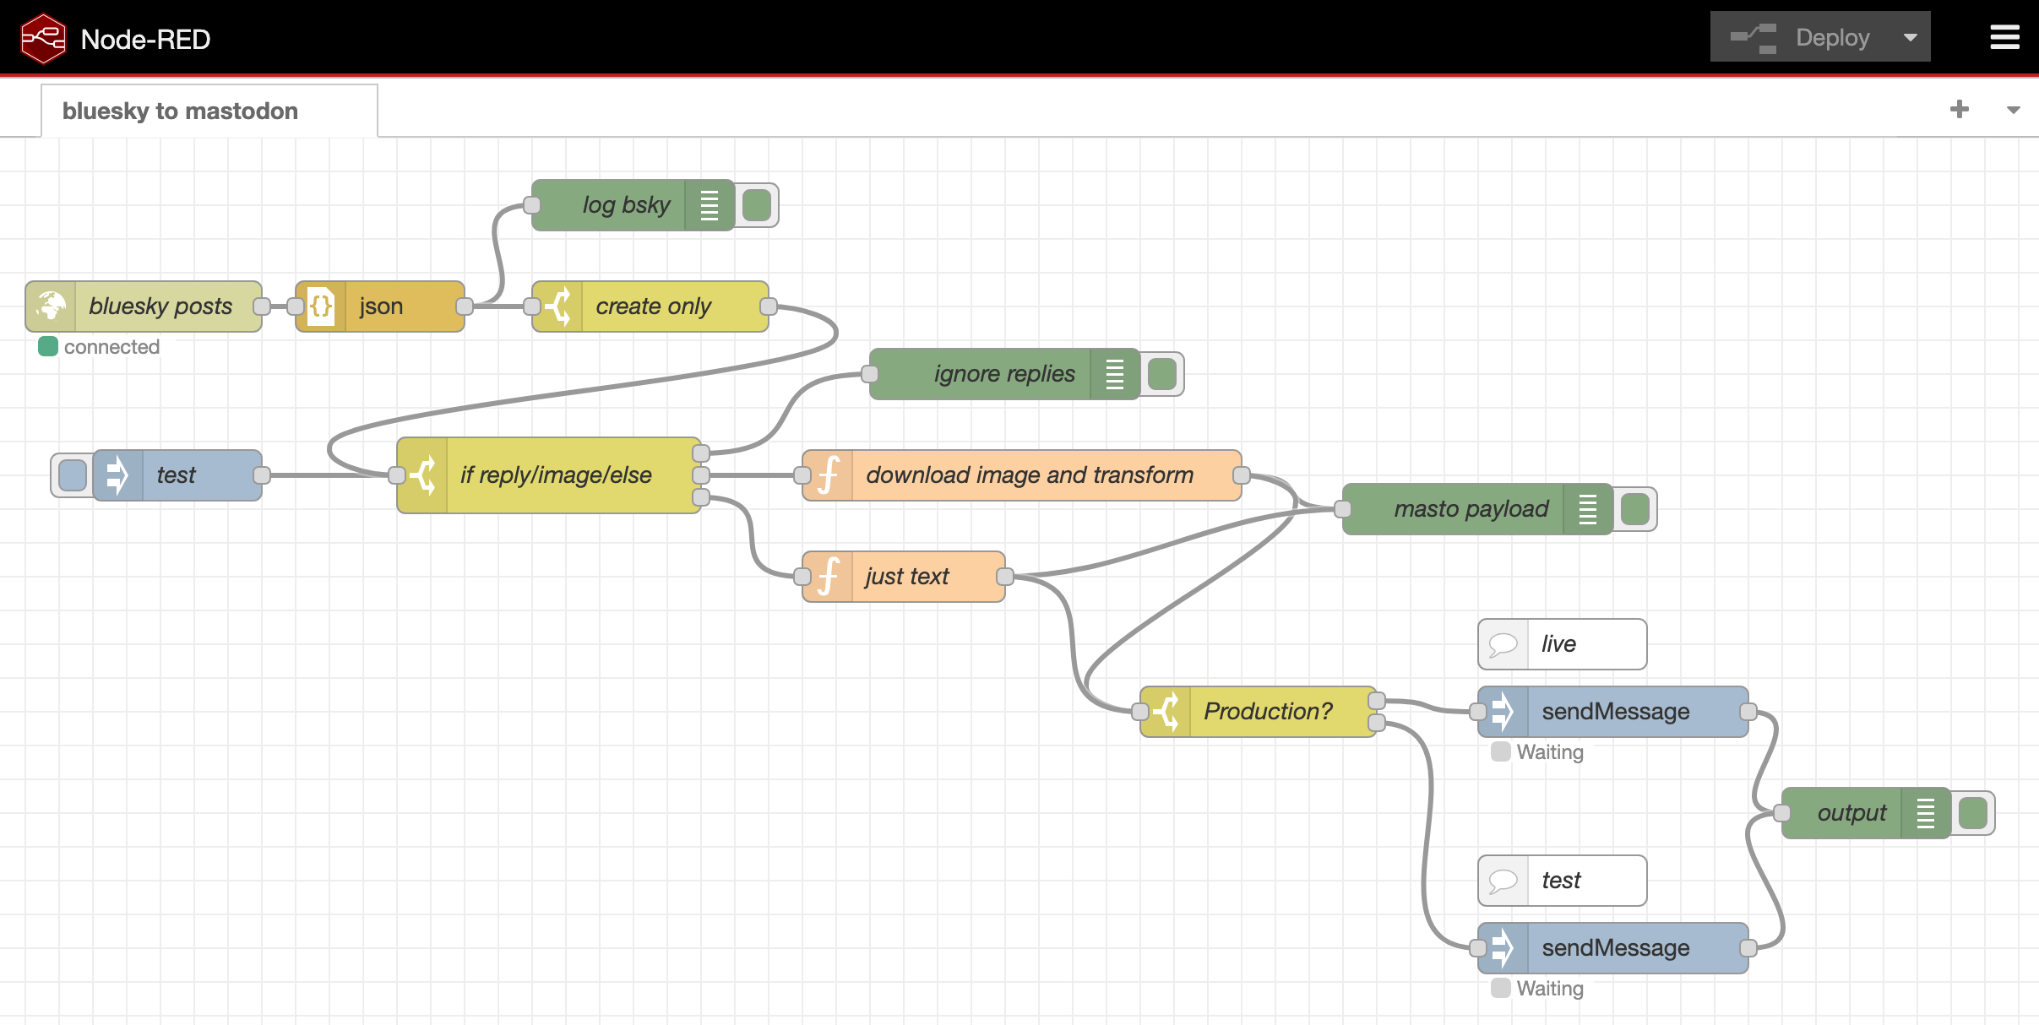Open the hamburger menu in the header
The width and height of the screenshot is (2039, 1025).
click(2004, 37)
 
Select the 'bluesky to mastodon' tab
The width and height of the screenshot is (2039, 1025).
click(181, 111)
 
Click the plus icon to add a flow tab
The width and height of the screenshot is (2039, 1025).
click(1960, 110)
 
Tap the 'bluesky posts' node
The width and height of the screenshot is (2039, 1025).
click(160, 306)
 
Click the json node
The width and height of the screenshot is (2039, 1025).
click(380, 306)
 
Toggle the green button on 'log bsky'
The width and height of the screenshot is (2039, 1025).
click(757, 205)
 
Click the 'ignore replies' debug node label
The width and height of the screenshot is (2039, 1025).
click(1003, 374)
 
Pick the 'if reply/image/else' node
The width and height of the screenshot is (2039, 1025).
click(555, 475)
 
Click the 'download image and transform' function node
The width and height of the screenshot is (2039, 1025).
click(1029, 475)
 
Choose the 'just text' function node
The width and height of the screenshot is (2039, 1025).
click(906, 577)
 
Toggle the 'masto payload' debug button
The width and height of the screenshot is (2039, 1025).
click(1635, 509)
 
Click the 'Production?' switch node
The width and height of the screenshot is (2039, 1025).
click(1267, 712)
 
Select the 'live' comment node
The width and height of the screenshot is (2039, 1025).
click(1561, 644)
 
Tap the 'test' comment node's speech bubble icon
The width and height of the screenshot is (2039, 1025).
click(1503, 881)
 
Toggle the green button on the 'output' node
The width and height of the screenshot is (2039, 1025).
click(1973, 813)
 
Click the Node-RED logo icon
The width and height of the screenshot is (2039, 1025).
click(43, 39)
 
